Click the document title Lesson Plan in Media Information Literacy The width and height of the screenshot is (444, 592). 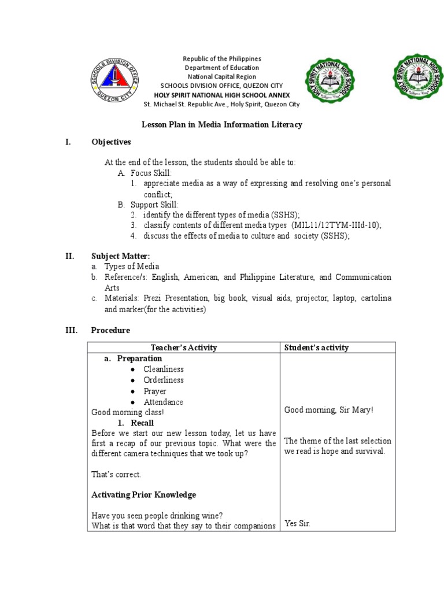222,125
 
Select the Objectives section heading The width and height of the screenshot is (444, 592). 111,142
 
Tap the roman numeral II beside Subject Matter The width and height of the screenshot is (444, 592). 69,256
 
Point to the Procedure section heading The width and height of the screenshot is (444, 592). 110,330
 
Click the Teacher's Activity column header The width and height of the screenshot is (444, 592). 183,347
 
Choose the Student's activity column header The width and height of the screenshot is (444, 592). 316,347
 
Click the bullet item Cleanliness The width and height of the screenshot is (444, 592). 164,369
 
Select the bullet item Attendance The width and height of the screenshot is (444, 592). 163,402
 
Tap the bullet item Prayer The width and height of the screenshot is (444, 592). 155,391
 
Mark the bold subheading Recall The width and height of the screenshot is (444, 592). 142,423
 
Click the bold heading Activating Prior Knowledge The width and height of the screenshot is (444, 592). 144,495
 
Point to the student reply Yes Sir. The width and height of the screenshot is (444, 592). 297,524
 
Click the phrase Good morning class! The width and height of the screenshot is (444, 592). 128,412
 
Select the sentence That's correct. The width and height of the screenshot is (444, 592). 116,474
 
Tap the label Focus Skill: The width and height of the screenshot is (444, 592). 151,173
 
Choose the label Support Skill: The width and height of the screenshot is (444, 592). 154,205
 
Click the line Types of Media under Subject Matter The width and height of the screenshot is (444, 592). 131,267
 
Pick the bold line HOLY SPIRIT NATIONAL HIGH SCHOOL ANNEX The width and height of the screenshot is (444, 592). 221,95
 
